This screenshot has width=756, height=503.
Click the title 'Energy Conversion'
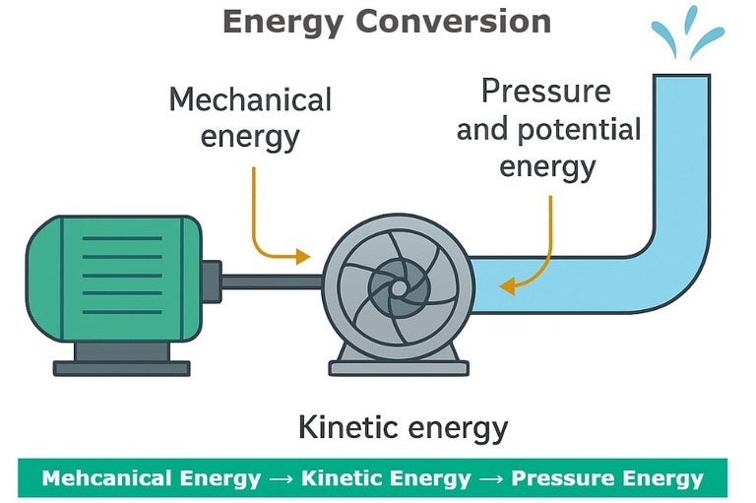coord(386,21)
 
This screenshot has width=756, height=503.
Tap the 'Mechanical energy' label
coord(250,116)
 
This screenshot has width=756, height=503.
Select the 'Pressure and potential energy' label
coord(547,128)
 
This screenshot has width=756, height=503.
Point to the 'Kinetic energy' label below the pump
coord(403,427)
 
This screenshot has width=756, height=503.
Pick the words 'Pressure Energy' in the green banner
coord(607,478)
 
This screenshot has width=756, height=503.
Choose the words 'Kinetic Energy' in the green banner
coord(386,478)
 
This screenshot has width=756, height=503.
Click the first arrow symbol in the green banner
coord(281,479)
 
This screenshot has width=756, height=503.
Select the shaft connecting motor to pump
coord(271,282)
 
